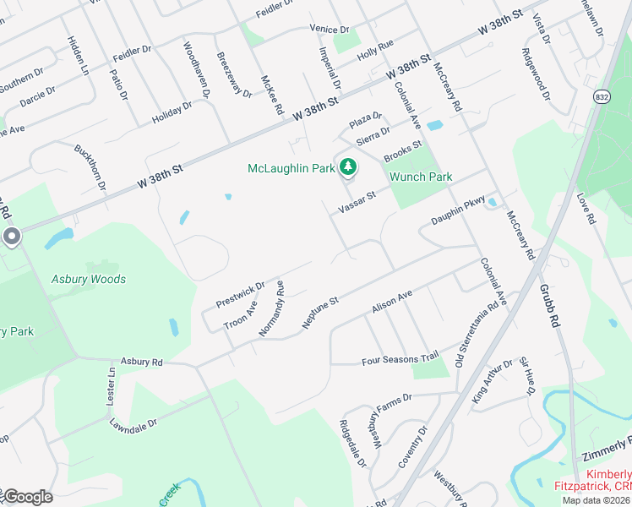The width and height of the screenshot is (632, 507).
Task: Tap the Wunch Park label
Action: [x=420, y=177]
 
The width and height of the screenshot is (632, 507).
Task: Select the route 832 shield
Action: [x=601, y=97]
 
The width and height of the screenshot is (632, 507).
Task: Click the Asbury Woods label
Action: [x=88, y=279]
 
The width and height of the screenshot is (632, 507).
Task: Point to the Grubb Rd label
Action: [x=550, y=305]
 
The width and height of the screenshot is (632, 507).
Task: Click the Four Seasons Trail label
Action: [x=400, y=360]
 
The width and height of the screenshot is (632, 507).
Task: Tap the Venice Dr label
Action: [x=329, y=29]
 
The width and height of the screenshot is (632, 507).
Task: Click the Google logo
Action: [x=27, y=497]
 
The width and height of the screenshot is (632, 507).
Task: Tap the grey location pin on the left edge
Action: [x=11, y=237]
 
